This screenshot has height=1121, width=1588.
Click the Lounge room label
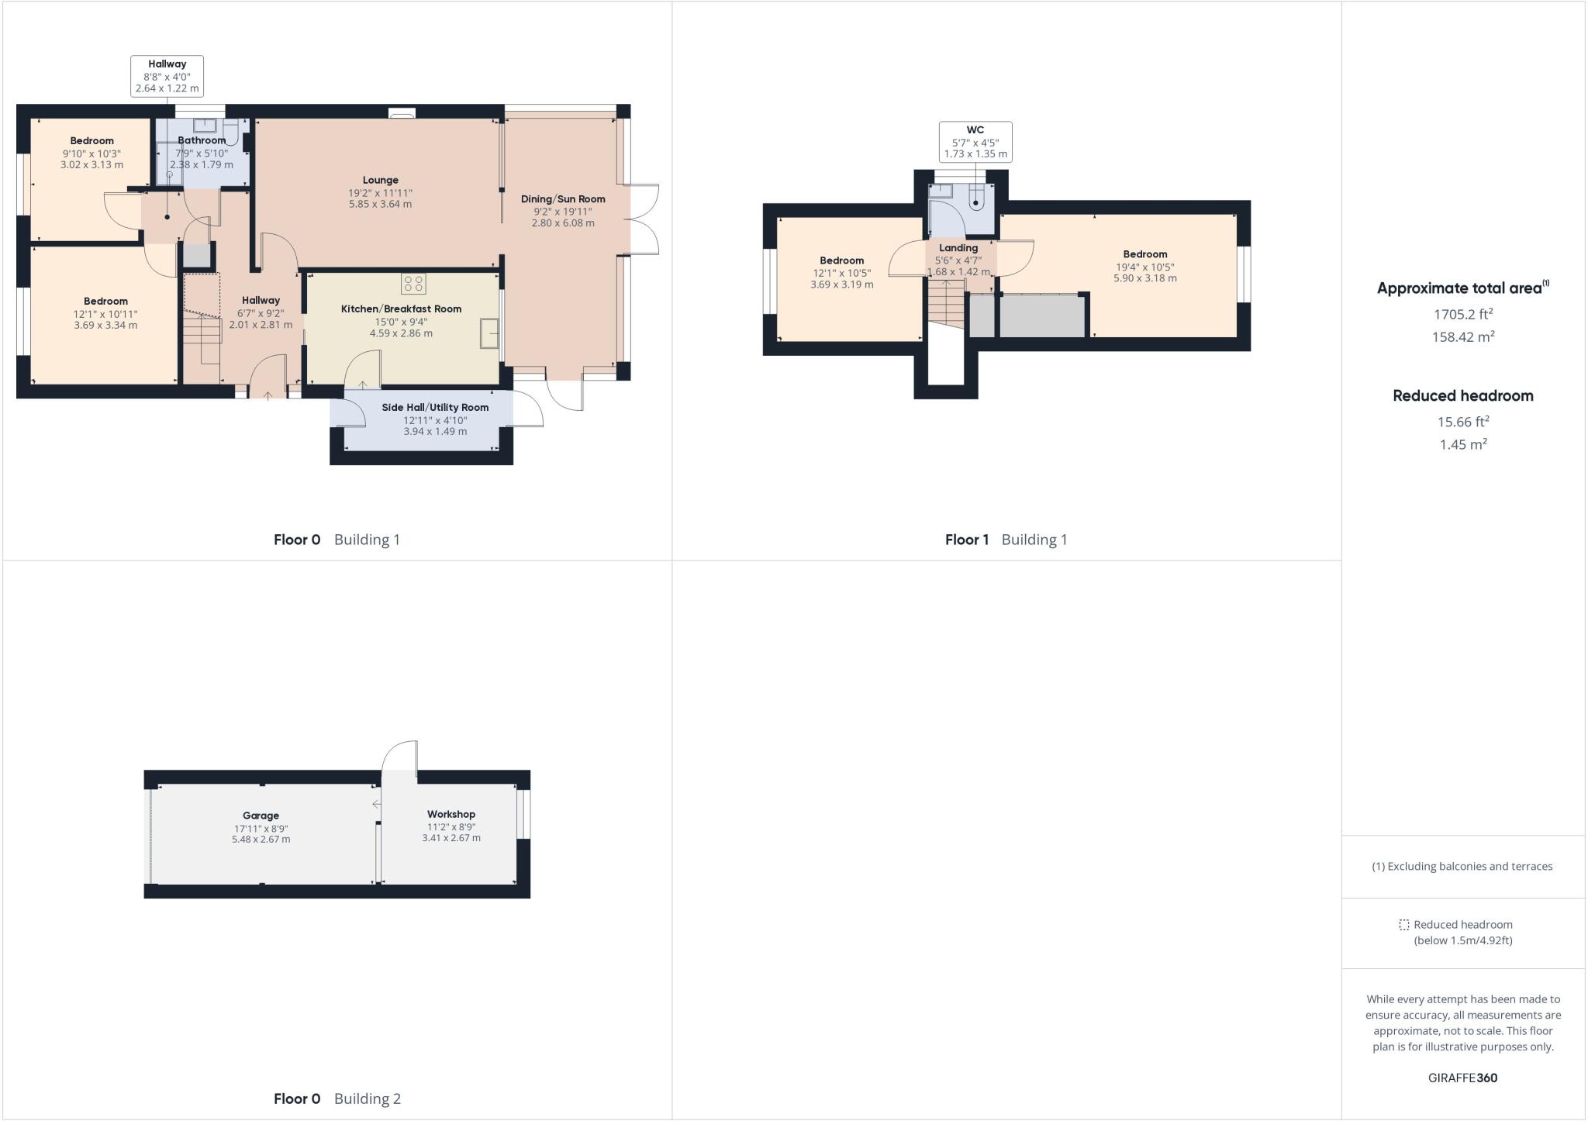click(x=380, y=180)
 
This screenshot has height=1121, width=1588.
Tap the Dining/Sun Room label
click(x=563, y=198)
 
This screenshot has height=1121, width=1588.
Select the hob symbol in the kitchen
click(x=413, y=284)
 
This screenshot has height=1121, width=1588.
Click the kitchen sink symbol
click(x=489, y=333)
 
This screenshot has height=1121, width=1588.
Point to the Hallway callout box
click(x=167, y=76)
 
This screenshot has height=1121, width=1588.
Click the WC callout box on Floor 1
click(x=975, y=142)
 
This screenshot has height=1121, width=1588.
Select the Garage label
click(x=261, y=816)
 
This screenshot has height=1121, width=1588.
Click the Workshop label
click(x=451, y=814)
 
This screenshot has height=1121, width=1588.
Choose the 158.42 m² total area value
click(x=1463, y=337)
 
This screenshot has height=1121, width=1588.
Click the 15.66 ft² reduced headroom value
click(x=1463, y=422)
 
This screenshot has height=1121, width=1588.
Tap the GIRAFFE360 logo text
click(x=1462, y=1078)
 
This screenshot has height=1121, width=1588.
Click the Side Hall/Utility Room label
click(x=435, y=407)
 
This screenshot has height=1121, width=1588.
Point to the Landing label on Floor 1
click(x=958, y=248)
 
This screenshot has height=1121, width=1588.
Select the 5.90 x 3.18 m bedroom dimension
click(x=1144, y=278)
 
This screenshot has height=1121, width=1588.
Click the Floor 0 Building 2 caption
click(x=337, y=1099)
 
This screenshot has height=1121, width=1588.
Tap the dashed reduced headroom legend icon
click(x=1403, y=925)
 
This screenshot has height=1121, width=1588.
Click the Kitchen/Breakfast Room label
click(x=401, y=309)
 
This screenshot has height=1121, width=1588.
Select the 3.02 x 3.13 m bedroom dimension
click(x=91, y=165)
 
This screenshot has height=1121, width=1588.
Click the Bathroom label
click(x=202, y=140)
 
